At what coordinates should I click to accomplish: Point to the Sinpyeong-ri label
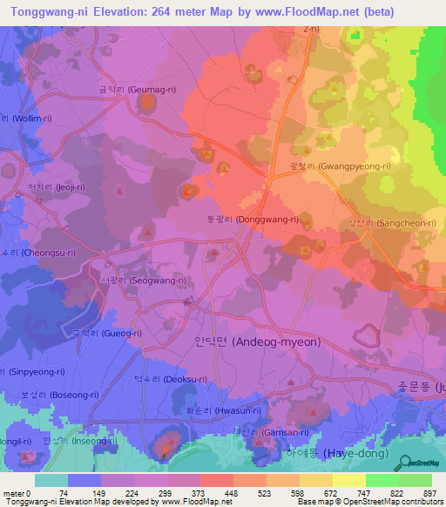pyautogui.click(x=33, y=371)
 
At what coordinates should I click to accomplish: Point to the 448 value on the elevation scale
pyautogui.click(x=233, y=491)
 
